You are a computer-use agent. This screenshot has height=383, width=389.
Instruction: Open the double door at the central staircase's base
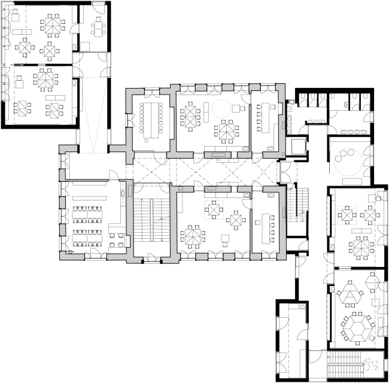(x=150, y=259)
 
